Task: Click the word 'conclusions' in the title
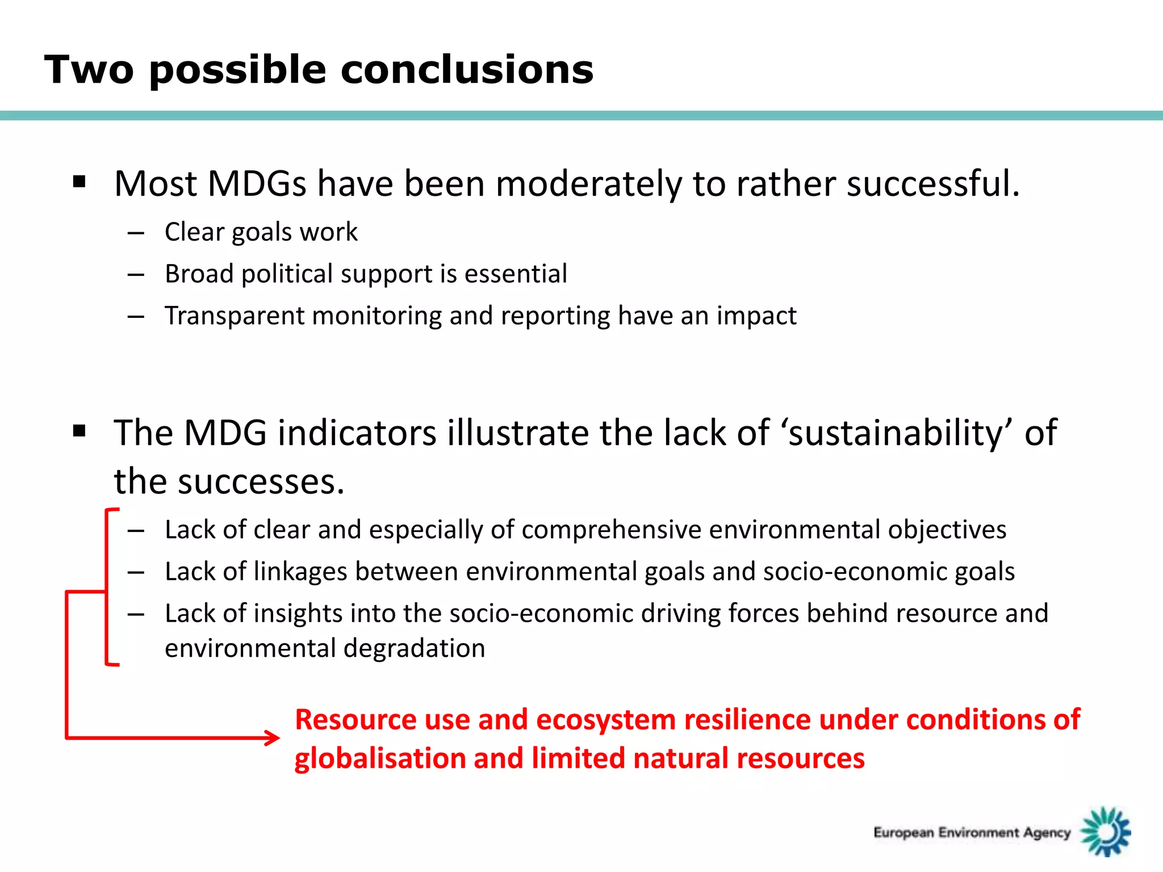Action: point(467,70)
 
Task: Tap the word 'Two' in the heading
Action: point(89,70)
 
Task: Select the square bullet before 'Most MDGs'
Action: point(80,182)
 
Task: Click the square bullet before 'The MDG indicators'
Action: point(80,431)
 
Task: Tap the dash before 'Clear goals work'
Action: point(136,233)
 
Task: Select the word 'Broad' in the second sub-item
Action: point(199,274)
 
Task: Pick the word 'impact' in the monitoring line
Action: point(756,316)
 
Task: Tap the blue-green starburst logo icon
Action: point(1105,832)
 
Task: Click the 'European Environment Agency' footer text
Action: point(972,833)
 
